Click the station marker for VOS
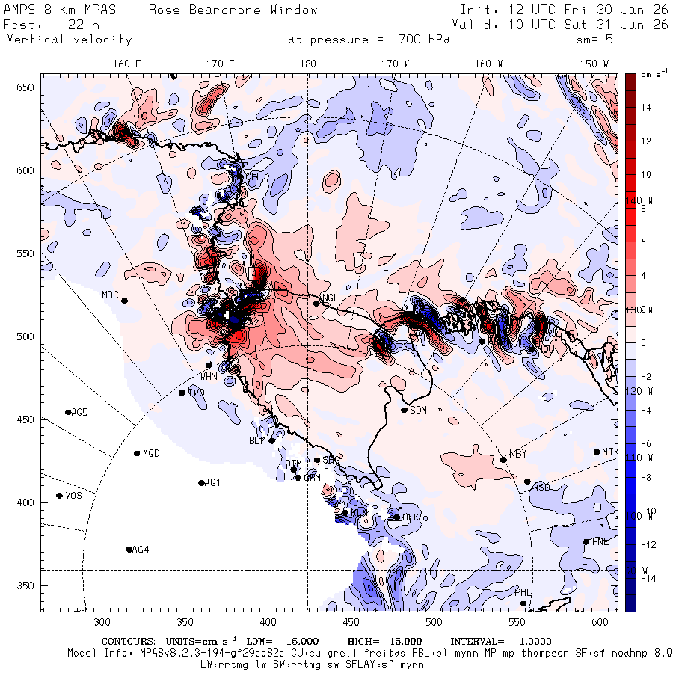[x=60, y=496]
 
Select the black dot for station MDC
[x=124, y=301]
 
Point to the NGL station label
[x=331, y=298]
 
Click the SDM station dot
[x=405, y=410]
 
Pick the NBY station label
[x=517, y=454]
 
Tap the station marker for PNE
[x=586, y=542]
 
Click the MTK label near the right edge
[x=610, y=452]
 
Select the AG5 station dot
[x=68, y=412]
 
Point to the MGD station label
[x=151, y=453]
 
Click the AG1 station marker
[x=201, y=483]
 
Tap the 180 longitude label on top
[x=307, y=64]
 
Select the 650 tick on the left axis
[x=28, y=88]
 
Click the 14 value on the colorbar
[x=645, y=108]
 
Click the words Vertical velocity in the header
[x=70, y=40]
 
